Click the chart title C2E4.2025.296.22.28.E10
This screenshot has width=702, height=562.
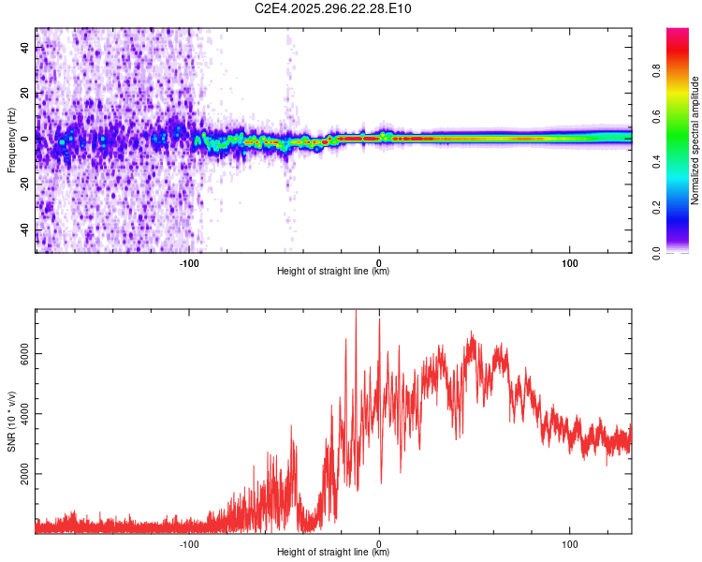point(333,8)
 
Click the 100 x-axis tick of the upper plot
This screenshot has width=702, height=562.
point(569,261)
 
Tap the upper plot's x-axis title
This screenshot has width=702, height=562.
point(333,272)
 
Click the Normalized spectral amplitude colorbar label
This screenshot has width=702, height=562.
point(695,140)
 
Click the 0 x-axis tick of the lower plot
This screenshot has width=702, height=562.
point(379,542)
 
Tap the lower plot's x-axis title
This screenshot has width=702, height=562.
point(333,553)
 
